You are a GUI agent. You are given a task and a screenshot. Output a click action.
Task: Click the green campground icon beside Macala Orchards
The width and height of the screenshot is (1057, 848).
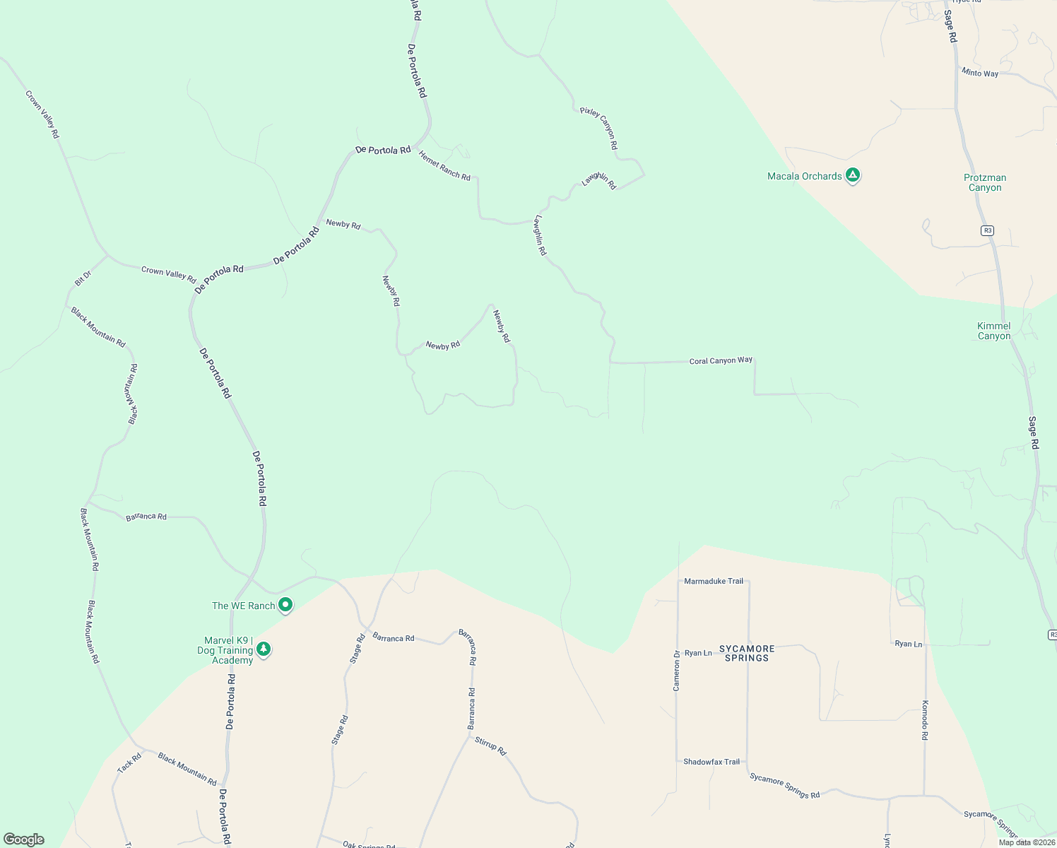852,175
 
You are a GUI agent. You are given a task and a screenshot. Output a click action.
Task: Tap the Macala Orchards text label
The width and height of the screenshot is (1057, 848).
804,176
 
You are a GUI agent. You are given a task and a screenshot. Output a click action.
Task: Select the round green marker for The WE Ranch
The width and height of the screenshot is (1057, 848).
285,605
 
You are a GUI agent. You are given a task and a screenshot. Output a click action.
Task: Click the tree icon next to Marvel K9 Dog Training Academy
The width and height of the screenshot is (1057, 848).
264,649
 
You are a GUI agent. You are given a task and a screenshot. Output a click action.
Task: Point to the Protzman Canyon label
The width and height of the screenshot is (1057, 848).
985,182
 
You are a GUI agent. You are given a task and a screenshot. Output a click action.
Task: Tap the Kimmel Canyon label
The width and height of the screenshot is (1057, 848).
993,331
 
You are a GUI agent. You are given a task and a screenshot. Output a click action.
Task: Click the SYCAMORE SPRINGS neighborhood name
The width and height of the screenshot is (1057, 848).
747,653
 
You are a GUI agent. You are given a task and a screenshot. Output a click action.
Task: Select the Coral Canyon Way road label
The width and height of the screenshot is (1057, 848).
721,360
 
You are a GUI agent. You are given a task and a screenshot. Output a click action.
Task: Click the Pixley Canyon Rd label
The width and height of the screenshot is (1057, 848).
599,128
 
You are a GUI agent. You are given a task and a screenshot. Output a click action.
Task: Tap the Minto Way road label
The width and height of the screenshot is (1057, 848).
980,73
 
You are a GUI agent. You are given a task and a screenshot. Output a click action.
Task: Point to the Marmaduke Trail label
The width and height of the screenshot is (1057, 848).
714,581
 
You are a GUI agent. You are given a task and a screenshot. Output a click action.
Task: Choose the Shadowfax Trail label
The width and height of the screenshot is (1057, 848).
711,762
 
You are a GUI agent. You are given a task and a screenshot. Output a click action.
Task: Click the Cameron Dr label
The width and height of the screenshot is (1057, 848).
676,670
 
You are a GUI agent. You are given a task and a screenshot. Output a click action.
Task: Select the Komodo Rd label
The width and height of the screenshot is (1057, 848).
924,720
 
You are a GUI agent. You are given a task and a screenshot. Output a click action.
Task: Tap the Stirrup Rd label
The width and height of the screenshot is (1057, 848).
490,746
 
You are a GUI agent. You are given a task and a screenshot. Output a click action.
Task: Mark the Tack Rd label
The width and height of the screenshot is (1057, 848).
129,763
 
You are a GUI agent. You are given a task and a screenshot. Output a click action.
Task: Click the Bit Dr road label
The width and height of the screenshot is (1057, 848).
83,278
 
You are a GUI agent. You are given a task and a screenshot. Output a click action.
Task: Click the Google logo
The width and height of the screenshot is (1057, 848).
24,840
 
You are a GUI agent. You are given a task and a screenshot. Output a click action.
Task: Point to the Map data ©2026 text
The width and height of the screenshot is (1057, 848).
1026,842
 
